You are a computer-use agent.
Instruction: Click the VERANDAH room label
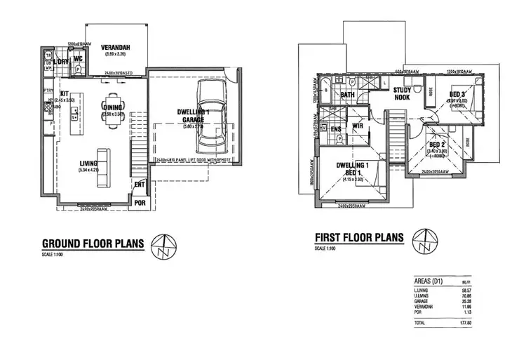(x=115, y=47)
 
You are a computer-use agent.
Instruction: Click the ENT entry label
(x=140, y=185)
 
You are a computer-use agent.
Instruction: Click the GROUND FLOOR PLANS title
(x=93, y=244)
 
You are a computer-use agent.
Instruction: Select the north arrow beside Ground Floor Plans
(x=163, y=244)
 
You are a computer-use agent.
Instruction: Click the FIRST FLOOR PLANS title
(x=359, y=238)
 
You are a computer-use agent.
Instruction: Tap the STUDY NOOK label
(x=401, y=94)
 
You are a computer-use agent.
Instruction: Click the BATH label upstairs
(x=347, y=95)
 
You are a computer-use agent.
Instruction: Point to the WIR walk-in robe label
(x=357, y=126)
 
